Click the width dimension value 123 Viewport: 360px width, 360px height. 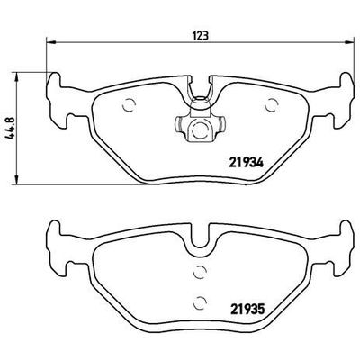coord(201,35)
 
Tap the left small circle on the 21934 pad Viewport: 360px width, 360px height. coord(127,102)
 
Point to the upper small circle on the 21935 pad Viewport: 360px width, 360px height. coord(200,272)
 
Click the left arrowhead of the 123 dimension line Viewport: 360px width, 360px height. coord(47,42)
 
